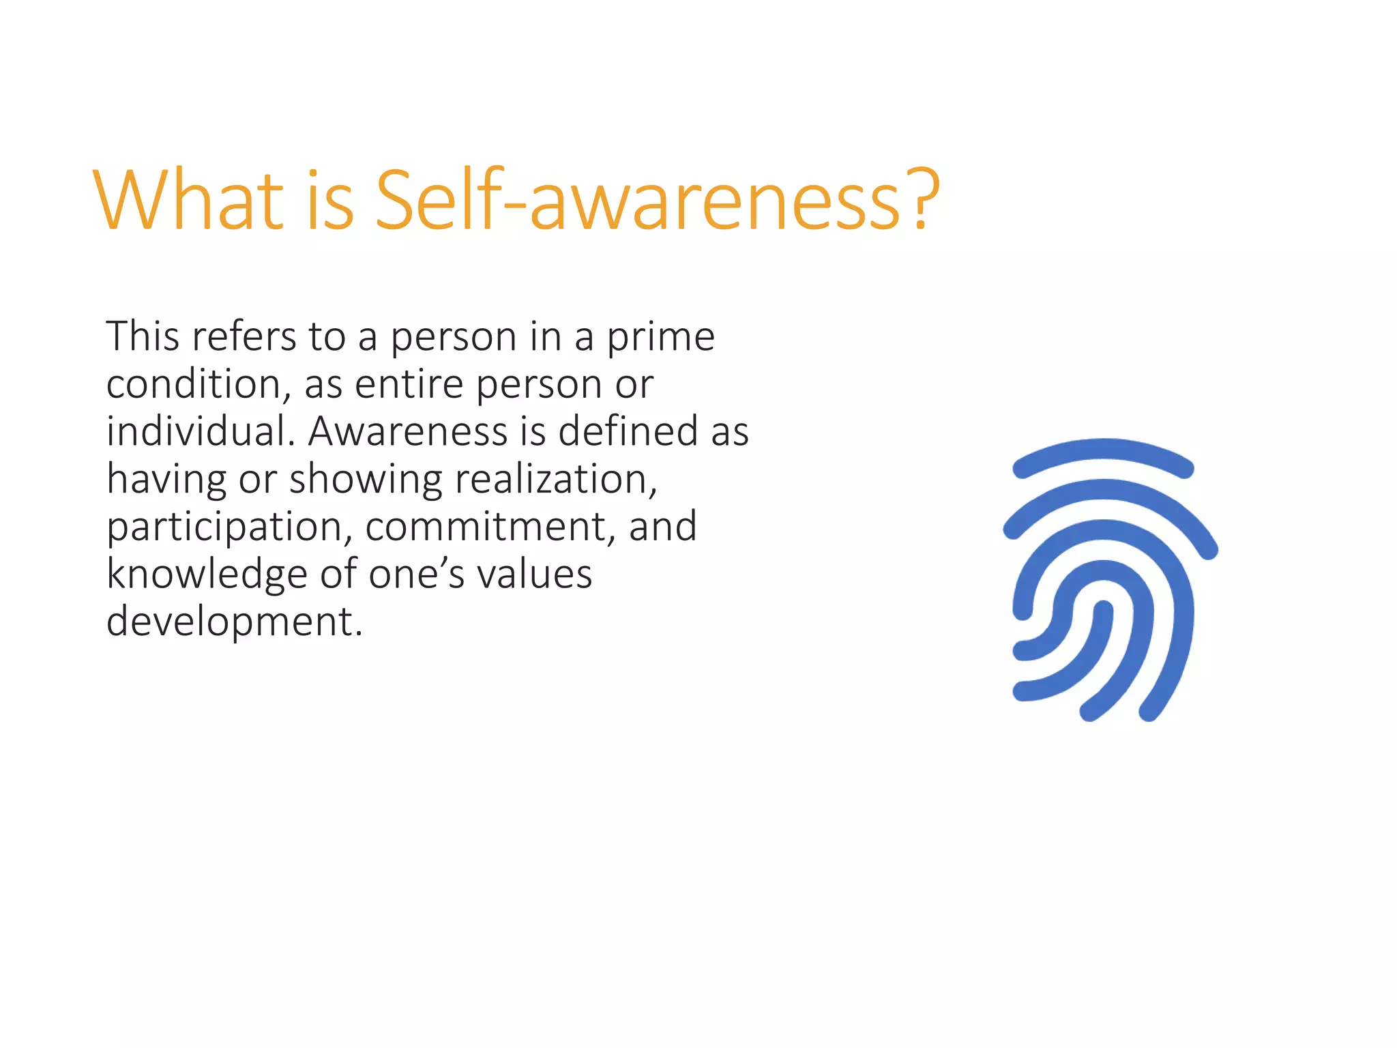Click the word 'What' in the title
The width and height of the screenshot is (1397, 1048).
click(x=188, y=200)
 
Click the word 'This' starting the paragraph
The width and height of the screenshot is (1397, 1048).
click(x=143, y=337)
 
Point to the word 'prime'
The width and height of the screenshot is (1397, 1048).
click(x=660, y=338)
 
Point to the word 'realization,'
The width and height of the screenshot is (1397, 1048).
click(x=556, y=480)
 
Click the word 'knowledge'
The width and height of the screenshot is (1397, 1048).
click(x=207, y=575)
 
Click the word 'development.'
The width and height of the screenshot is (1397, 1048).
click(x=234, y=623)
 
